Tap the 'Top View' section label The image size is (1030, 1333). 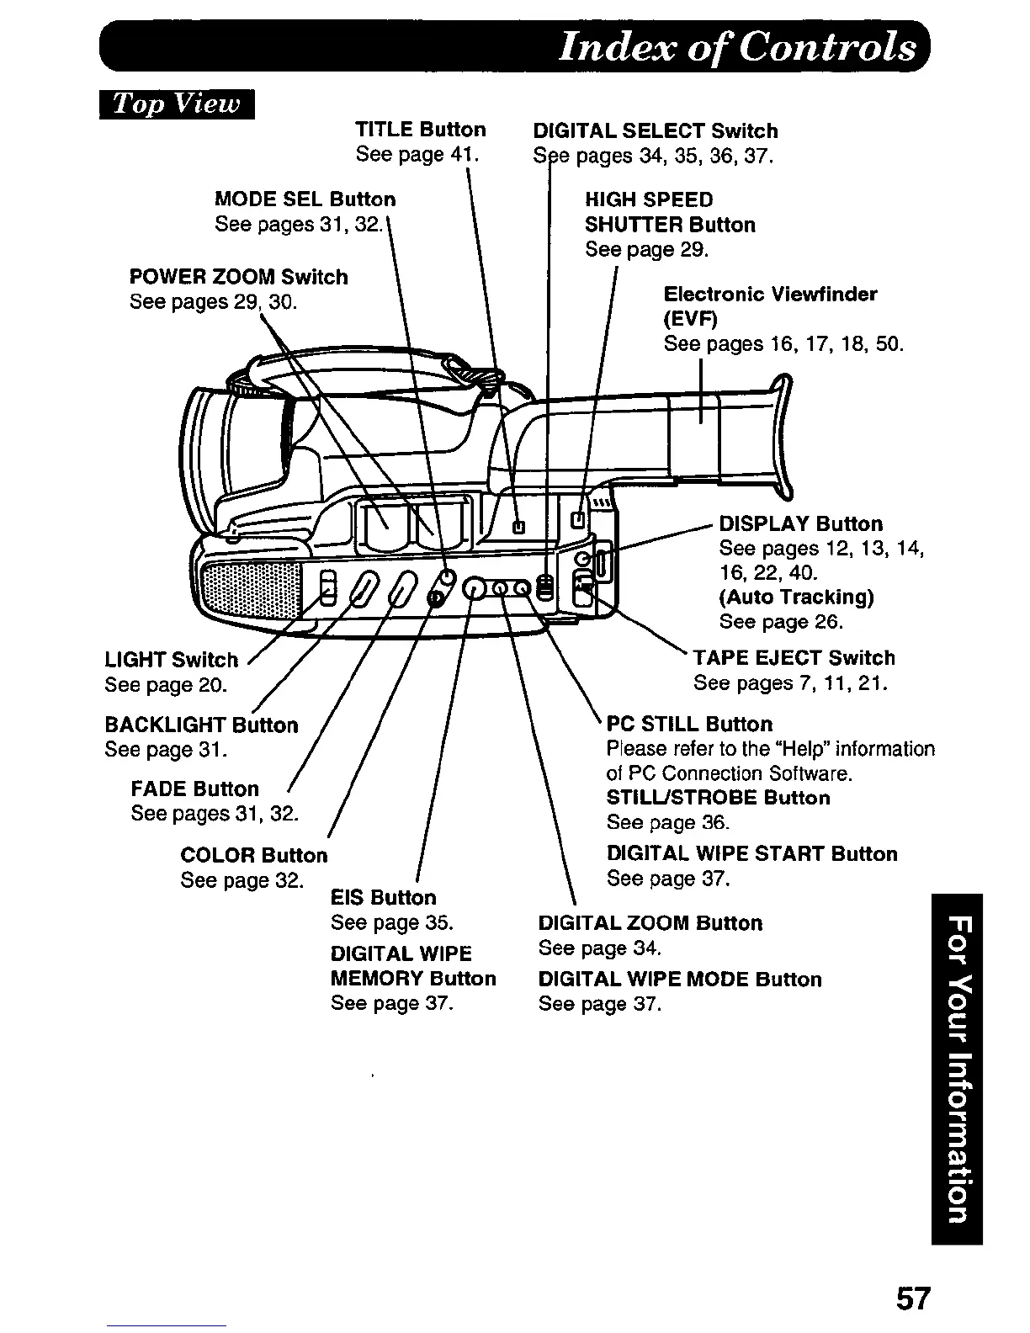[177, 104]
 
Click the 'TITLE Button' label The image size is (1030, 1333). [421, 130]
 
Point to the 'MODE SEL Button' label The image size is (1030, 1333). [305, 199]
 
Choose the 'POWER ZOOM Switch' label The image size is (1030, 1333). [238, 277]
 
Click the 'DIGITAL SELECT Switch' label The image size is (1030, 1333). [656, 131]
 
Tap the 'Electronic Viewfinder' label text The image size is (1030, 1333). [770, 295]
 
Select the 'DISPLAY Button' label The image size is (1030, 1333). [800, 524]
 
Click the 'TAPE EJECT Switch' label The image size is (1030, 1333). [794, 658]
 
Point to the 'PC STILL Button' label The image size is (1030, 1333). [689, 725]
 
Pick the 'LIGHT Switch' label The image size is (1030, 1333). [172, 660]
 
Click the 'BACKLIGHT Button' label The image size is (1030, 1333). [201, 725]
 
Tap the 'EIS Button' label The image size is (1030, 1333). [384, 898]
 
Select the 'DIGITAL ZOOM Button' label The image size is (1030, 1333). [650, 923]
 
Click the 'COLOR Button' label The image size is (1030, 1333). [253, 856]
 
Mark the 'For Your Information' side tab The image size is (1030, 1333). [957, 1069]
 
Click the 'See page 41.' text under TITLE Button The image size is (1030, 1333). [417, 155]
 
